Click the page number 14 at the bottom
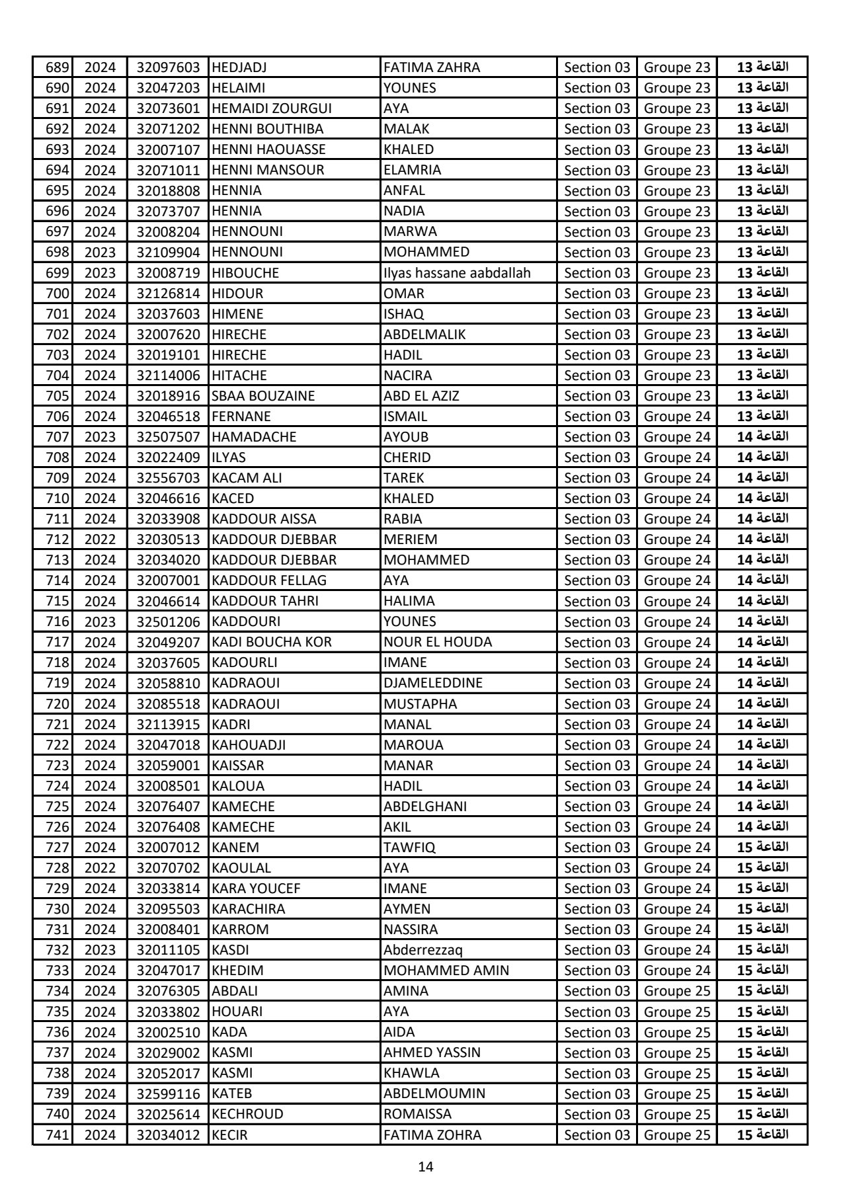pos(426,1167)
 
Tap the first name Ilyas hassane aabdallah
pos(457,273)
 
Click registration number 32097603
pos(168,67)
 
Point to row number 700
pos(58,294)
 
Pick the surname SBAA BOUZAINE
pos(263,396)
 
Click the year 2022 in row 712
pos(100,539)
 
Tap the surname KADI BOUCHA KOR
pos(272,642)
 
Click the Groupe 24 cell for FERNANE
pos(676,416)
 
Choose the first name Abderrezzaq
pos(423,950)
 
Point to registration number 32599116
pos(168,1093)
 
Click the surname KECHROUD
pos(247,1114)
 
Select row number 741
pos(58,1134)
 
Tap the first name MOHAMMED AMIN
pos(446,971)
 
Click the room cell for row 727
pos(762,848)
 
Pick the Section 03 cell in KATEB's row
pos(597,1093)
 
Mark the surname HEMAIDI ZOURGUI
pos(272,108)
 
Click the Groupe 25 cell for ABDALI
pos(676,991)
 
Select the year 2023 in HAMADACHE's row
pos(100,437)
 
